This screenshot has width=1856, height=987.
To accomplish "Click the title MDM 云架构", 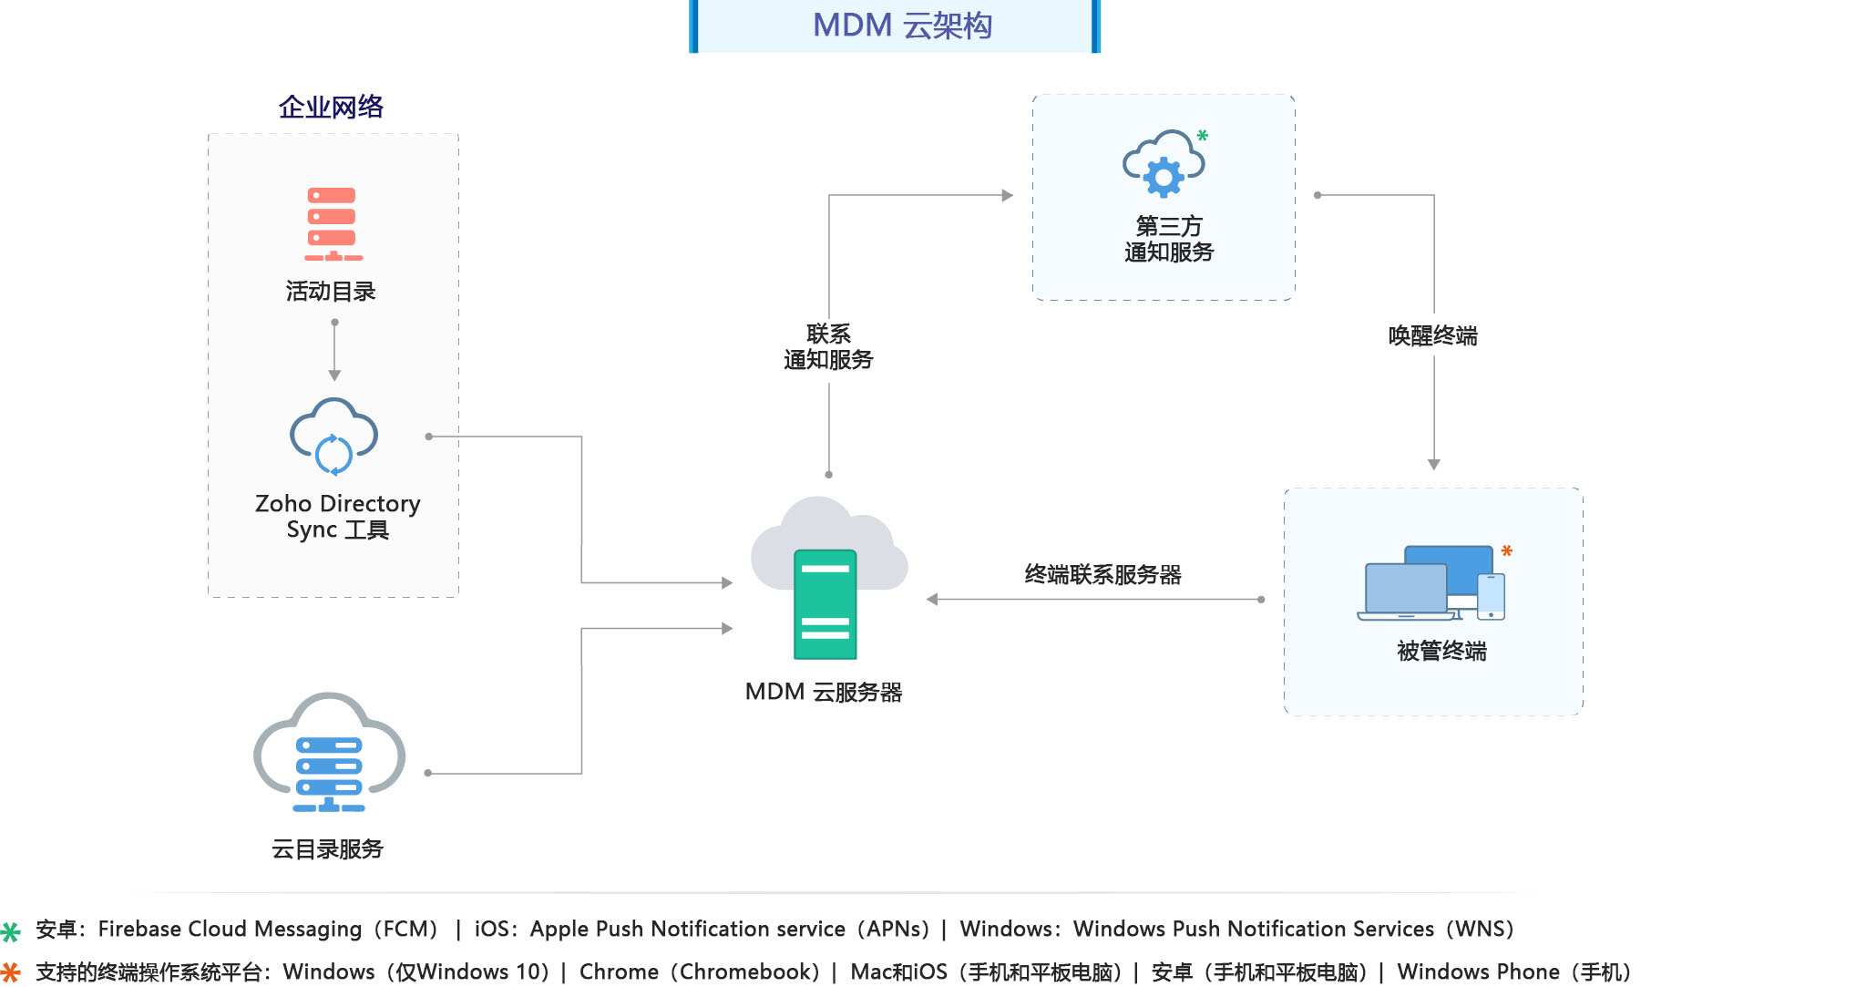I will point(901,26).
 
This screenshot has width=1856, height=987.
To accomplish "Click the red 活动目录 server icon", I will point(333,224).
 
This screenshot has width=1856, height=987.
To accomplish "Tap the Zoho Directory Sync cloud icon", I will point(333,437).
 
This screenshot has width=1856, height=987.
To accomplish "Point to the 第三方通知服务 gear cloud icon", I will point(1164,164).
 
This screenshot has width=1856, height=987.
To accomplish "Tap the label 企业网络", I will point(331,108).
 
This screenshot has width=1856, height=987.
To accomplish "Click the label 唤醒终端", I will point(1432,336).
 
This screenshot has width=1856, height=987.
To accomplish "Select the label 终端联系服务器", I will point(1102,574).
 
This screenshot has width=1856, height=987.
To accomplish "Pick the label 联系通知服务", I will point(828,347).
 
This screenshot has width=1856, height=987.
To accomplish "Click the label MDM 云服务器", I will point(824,692).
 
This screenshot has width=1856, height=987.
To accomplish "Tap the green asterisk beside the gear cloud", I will point(1203,136).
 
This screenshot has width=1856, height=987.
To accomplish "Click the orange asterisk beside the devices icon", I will point(1507,551).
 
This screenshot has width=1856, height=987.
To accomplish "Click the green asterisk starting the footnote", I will point(11,931).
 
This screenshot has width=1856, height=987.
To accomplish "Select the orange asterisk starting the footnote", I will point(11,972).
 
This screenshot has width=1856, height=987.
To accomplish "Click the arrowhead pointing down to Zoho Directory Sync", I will point(334,375).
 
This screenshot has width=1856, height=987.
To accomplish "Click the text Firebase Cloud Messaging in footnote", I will point(231,929).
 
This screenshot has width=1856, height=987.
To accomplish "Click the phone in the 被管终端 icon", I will point(1492,597).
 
